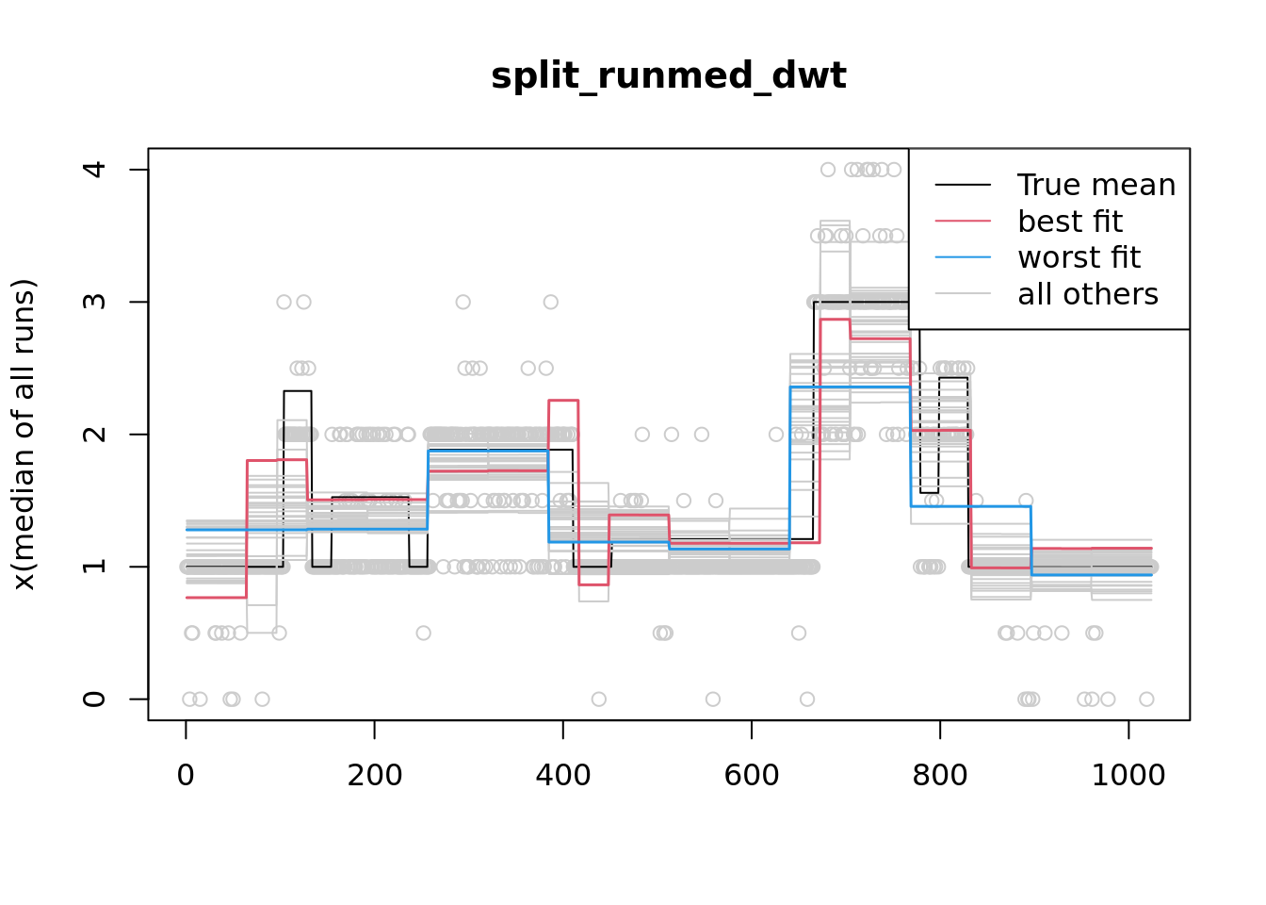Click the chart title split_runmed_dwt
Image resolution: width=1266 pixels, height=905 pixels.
click(668, 75)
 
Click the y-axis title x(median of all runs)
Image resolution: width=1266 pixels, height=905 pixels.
click(24, 434)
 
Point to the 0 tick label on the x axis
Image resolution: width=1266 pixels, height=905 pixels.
click(186, 775)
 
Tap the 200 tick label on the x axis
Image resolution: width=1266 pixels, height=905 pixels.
click(374, 775)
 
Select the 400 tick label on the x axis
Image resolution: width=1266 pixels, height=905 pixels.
click(562, 775)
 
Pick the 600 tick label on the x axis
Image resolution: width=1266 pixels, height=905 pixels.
click(751, 775)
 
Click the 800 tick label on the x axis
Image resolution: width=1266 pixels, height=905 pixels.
click(939, 775)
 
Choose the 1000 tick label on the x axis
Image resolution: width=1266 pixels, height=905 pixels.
click(1128, 775)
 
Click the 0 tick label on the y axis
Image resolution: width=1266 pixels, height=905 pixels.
click(94, 699)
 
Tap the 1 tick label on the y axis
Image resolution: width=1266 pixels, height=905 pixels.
click(94, 567)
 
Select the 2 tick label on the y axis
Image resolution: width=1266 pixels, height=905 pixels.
click(94, 434)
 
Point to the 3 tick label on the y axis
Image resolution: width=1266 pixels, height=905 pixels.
click(94, 302)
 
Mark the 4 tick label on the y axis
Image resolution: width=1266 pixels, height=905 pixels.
click(94, 170)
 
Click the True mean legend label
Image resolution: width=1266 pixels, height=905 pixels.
click(1096, 185)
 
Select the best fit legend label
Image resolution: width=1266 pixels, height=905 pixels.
click(1070, 222)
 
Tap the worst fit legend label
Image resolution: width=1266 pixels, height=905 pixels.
click(1079, 257)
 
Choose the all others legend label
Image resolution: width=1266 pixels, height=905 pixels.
click(1088, 294)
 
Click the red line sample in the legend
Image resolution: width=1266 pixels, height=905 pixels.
click(963, 222)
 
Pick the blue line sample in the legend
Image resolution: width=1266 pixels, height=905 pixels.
click(963, 257)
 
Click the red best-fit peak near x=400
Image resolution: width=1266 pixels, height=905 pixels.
click(563, 401)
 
